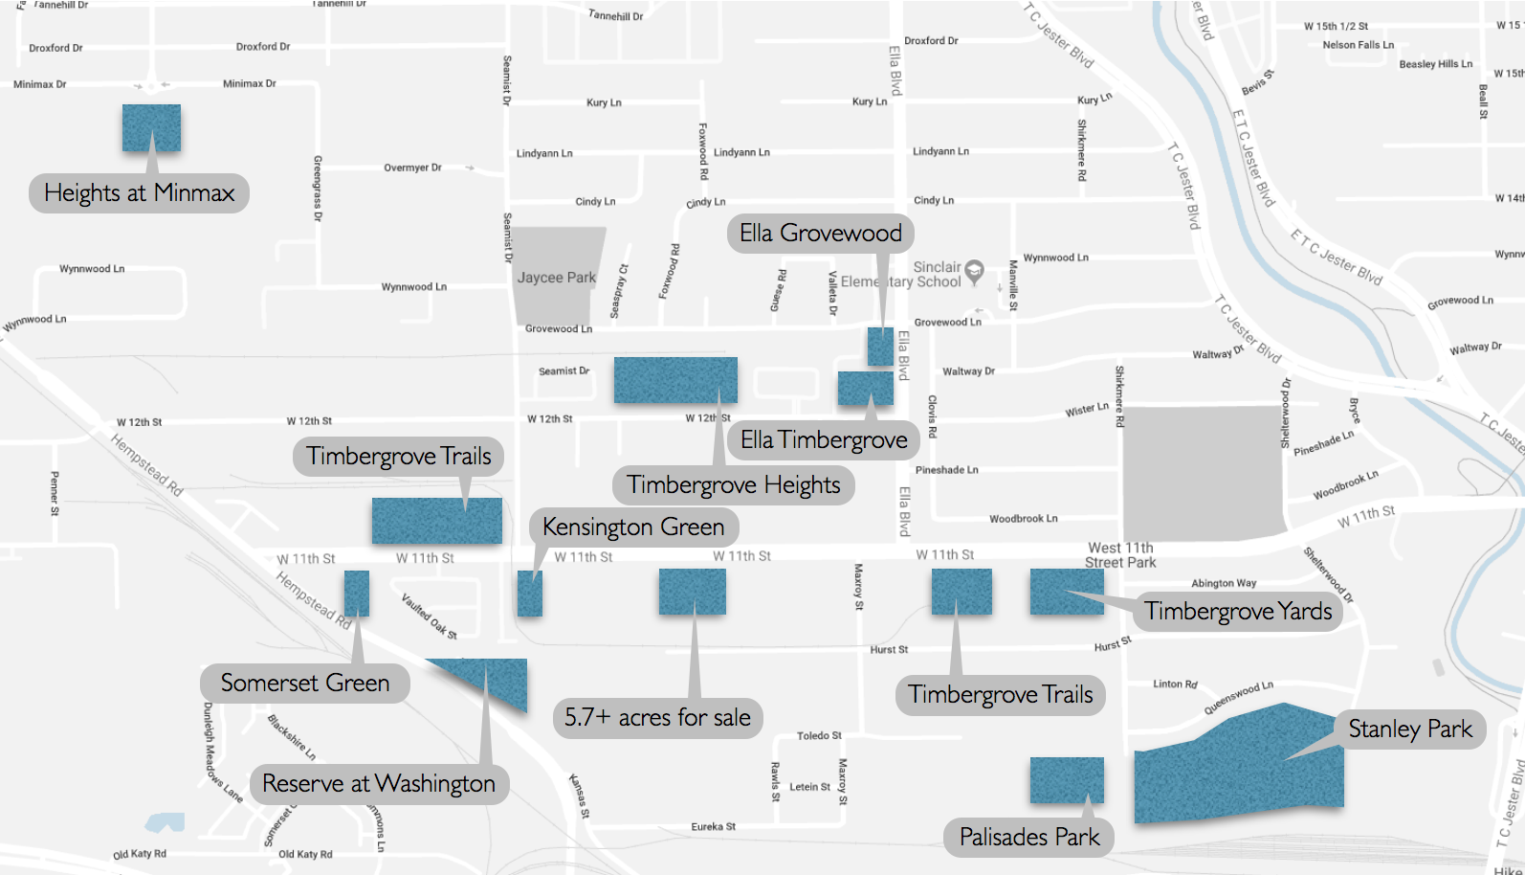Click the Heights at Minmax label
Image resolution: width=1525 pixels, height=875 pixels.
point(140,193)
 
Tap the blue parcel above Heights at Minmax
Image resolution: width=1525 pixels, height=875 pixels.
point(151,127)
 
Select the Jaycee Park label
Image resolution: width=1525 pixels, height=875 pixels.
point(556,278)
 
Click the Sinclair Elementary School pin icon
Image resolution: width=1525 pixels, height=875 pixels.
point(974,270)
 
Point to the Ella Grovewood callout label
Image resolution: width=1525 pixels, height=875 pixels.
point(821,234)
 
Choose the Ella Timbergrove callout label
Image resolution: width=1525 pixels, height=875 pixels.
point(824,440)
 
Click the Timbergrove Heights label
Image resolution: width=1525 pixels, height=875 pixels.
point(734,485)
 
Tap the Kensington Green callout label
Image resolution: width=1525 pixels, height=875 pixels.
point(633,527)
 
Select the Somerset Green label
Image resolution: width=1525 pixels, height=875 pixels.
point(305,684)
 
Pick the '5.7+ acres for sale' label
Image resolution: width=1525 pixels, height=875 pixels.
point(657,718)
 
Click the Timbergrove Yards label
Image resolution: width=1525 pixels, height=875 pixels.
point(1238,612)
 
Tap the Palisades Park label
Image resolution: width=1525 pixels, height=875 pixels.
point(1029,838)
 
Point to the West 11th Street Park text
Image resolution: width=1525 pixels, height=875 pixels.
point(1120,555)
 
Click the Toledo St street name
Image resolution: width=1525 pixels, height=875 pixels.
point(819,736)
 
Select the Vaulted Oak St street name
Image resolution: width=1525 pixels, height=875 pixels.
point(430,616)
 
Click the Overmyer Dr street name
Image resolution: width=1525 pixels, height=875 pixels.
point(412,168)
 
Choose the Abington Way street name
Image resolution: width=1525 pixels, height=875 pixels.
point(1224,583)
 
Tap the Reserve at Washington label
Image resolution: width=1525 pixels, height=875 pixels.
point(379,784)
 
